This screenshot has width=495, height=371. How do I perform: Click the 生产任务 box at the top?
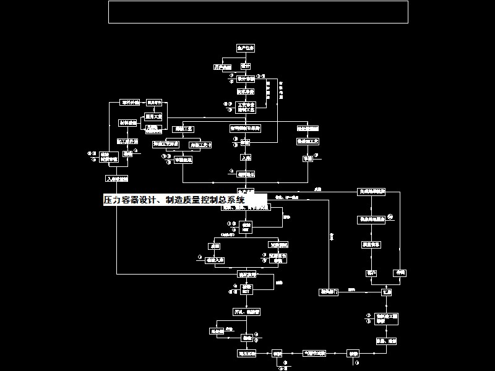(x=246, y=48)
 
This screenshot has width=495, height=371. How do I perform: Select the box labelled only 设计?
(x=246, y=66)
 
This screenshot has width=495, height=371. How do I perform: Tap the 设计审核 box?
(x=246, y=79)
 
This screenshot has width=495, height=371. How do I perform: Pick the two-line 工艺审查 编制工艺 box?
(x=246, y=107)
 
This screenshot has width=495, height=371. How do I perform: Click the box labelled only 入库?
(x=246, y=158)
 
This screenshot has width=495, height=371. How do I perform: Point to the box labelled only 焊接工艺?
(x=184, y=129)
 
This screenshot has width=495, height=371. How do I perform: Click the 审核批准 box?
(x=183, y=160)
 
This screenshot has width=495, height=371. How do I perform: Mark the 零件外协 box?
(x=130, y=102)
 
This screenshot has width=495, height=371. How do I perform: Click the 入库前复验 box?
(x=117, y=179)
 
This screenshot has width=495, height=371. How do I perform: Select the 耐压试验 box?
(x=246, y=354)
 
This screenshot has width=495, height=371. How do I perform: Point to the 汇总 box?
(x=387, y=291)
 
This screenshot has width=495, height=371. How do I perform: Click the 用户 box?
(x=371, y=273)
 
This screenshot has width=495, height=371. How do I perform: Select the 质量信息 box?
(x=371, y=245)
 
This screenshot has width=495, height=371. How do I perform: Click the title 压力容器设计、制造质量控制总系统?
(x=174, y=200)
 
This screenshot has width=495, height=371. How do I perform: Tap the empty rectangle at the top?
(x=258, y=12)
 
